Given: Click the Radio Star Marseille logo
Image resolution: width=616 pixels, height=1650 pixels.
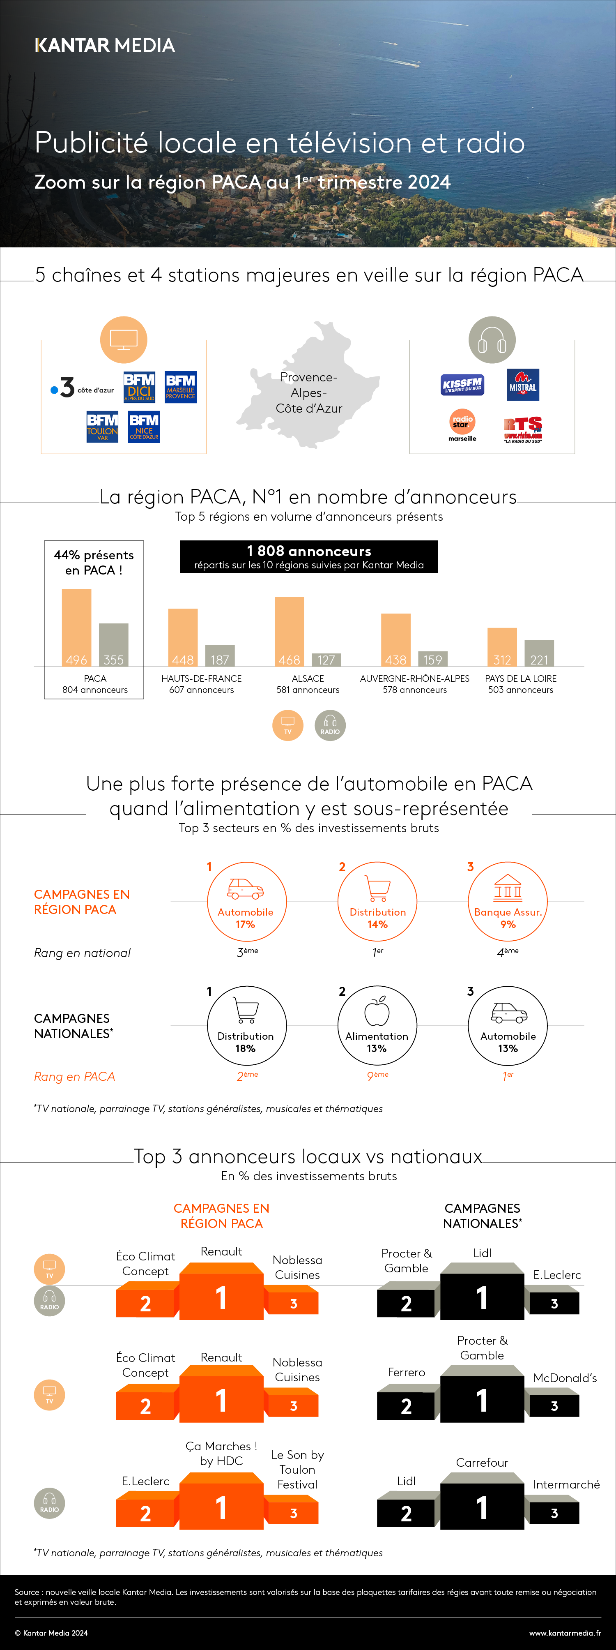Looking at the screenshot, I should tap(462, 425).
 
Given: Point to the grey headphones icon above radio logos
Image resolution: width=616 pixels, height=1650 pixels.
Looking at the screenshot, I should tap(492, 339).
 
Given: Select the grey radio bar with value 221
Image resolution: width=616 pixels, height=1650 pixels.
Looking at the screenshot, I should tap(539, 653).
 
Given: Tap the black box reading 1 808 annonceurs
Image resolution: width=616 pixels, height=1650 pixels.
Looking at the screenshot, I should tap(309, 556).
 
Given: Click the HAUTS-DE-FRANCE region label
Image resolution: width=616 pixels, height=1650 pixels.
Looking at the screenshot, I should tap(202, 678).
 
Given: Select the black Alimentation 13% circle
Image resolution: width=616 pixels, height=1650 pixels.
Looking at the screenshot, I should tap(377, 1025).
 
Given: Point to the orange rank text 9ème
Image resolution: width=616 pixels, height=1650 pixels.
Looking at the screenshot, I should tap(377, 1076).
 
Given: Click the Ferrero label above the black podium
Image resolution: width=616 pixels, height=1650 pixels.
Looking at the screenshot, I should tap(406, 1372).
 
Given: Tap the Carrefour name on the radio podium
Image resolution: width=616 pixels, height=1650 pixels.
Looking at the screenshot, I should tap(482, 1462).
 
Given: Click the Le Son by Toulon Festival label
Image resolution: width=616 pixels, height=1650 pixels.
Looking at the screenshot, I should tap(297, 1469).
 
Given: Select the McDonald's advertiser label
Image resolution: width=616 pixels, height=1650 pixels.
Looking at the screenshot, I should tap(565, 1378).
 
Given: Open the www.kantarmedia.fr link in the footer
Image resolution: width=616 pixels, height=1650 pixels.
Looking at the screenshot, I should tap(565, 1633).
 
